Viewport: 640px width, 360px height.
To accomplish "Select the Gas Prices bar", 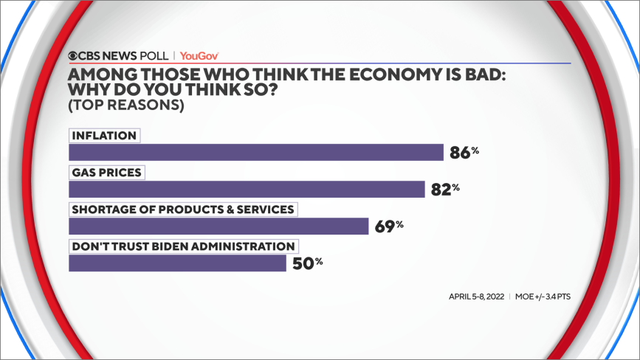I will click(x=247, y=189).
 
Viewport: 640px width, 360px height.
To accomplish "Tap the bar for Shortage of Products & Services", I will click(x=219, y=226).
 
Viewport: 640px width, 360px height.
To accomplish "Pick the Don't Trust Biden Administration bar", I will click(x=177, y=263).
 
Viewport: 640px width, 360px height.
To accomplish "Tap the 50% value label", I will click(x=306, y=263).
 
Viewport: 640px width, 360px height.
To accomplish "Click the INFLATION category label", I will click(x=104, y=136).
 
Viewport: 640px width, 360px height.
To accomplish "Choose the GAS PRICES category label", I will click(x=107, y=173).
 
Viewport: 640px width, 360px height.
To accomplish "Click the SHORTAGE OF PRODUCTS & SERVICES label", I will click(x=182, y=210).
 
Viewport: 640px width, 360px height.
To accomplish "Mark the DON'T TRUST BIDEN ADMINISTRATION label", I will click(x=183, y=246).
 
